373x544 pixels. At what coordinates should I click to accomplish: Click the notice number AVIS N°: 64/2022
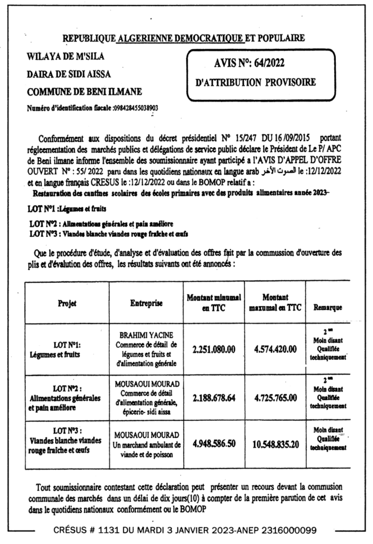[x=249, y=64]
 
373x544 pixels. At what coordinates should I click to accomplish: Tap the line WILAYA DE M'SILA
[x=65, y=56]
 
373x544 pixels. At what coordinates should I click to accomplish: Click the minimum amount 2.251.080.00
[x=214, y=349]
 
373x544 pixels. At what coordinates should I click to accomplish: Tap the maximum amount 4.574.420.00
[x=275, y=349]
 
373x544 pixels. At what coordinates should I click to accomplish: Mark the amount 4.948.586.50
[x=214, y=444]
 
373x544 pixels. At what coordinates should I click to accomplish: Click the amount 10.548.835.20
[x=275, y=444]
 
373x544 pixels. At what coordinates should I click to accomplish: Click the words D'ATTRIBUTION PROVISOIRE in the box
[x=255, y=82]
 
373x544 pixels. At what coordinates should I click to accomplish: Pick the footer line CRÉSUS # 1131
[x=185, y=530]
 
